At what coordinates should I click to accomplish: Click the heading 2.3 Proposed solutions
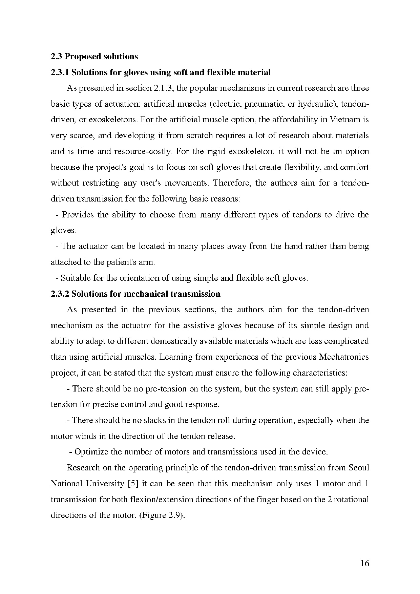click(x=94, y=56)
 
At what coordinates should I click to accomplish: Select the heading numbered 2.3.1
click(x=161, y=72)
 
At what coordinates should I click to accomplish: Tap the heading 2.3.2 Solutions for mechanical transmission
click(x=135, y=294)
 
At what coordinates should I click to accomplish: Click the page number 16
click(x=364, y=563)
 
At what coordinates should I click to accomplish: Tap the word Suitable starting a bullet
click(x=76, y=278)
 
